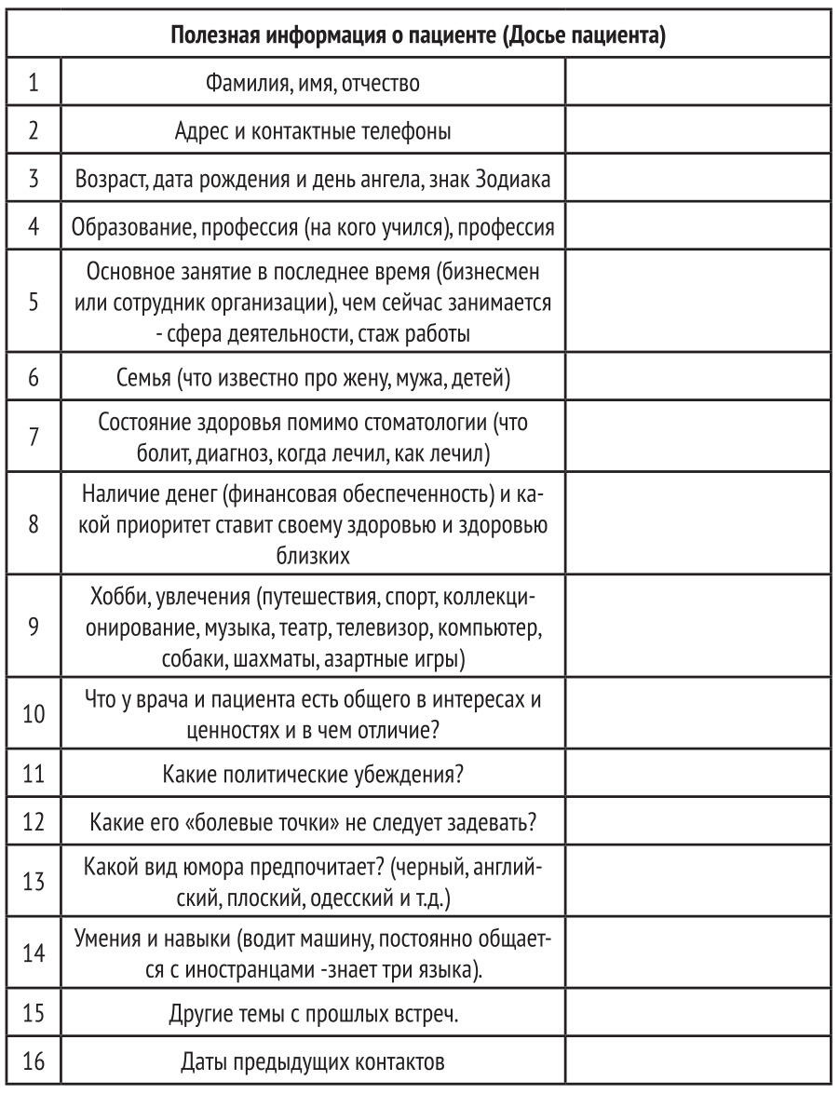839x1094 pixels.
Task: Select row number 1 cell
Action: coord(33,84)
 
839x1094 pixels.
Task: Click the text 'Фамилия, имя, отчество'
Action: coord(313,84)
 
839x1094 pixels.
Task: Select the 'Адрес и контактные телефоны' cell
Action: coord(313,131)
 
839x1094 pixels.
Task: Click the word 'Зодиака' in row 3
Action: coord(518,180)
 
